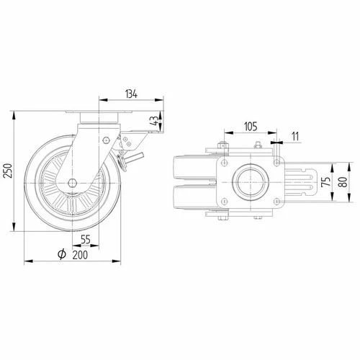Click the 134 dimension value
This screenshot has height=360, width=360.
131,94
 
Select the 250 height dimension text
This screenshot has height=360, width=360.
9,171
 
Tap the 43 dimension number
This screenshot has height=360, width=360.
155,121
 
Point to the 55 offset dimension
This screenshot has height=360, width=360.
86,239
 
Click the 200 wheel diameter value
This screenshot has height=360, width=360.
80,255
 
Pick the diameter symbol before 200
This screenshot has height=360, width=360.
62,254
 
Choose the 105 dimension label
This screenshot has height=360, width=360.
251,127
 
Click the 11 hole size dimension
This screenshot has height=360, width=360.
295,137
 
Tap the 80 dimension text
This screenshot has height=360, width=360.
343,182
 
